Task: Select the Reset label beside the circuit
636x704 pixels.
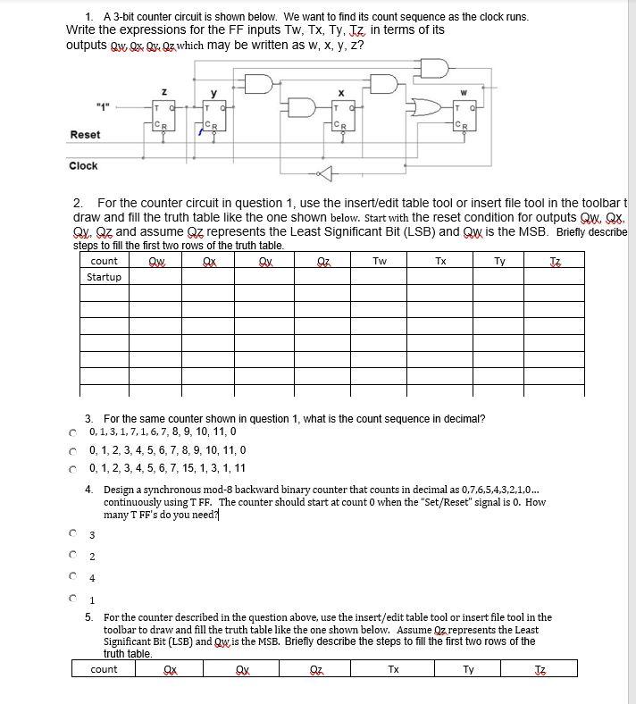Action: (85, 135)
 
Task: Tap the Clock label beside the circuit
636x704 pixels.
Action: (83, 166)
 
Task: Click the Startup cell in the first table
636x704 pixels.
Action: (105, 277)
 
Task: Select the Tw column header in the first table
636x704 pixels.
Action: (380, 261)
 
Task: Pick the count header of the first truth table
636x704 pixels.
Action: (105, 261)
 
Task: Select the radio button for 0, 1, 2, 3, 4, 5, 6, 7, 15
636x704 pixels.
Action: (71, 468)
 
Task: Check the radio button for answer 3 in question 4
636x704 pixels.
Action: (71, 534)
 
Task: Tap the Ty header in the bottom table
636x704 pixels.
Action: (468, 669)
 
